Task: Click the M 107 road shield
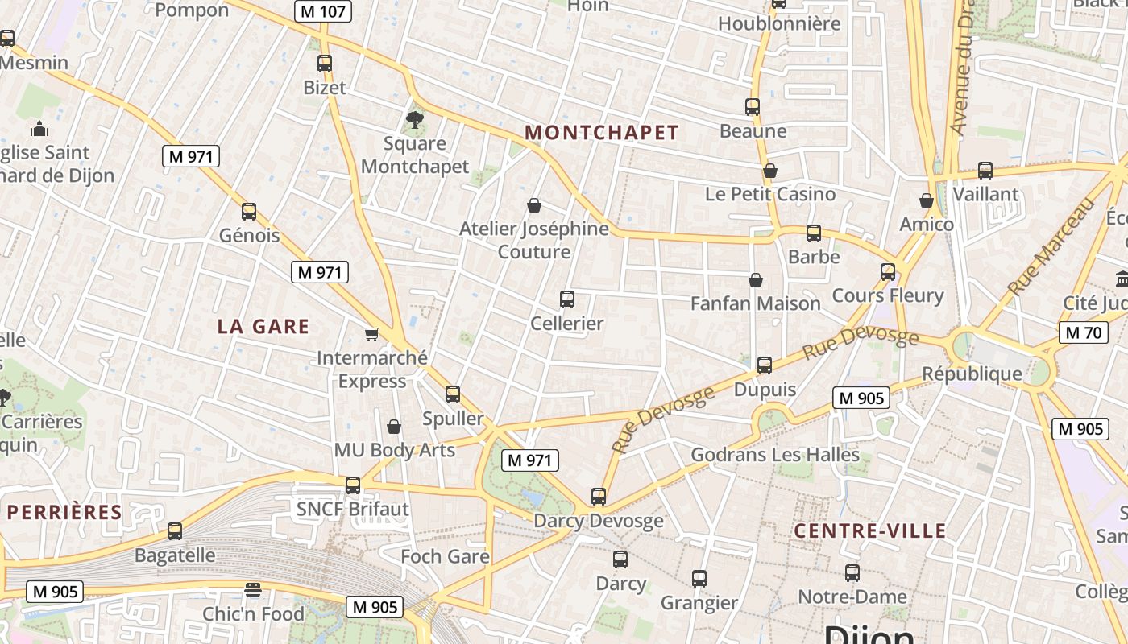[x=323, y=11]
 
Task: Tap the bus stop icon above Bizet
[x=325, y=63]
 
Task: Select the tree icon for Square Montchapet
[x=415, y=120]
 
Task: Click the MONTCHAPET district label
[x=602, y=133]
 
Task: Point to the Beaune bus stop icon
[x=753, y=106]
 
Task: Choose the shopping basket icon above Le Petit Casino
[x=770, y=171]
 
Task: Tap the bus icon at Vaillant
[x=985, y=170]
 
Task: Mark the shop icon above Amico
[x=927, y=200]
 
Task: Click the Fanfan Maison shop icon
[x=756, y=280]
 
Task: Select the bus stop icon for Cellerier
[x=567, y=299]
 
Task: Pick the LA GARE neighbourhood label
[x=263, y=326]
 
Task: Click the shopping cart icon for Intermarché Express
[x=371, y=333]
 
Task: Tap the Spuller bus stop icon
[x=453, y=394]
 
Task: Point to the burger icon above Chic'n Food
[x=253, y=589]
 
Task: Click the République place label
[x=972, y=374]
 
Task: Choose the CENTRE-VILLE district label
[x=869, y=530]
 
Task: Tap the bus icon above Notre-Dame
[x=852, y=573]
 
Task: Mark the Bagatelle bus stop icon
[x=175, y=531]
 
